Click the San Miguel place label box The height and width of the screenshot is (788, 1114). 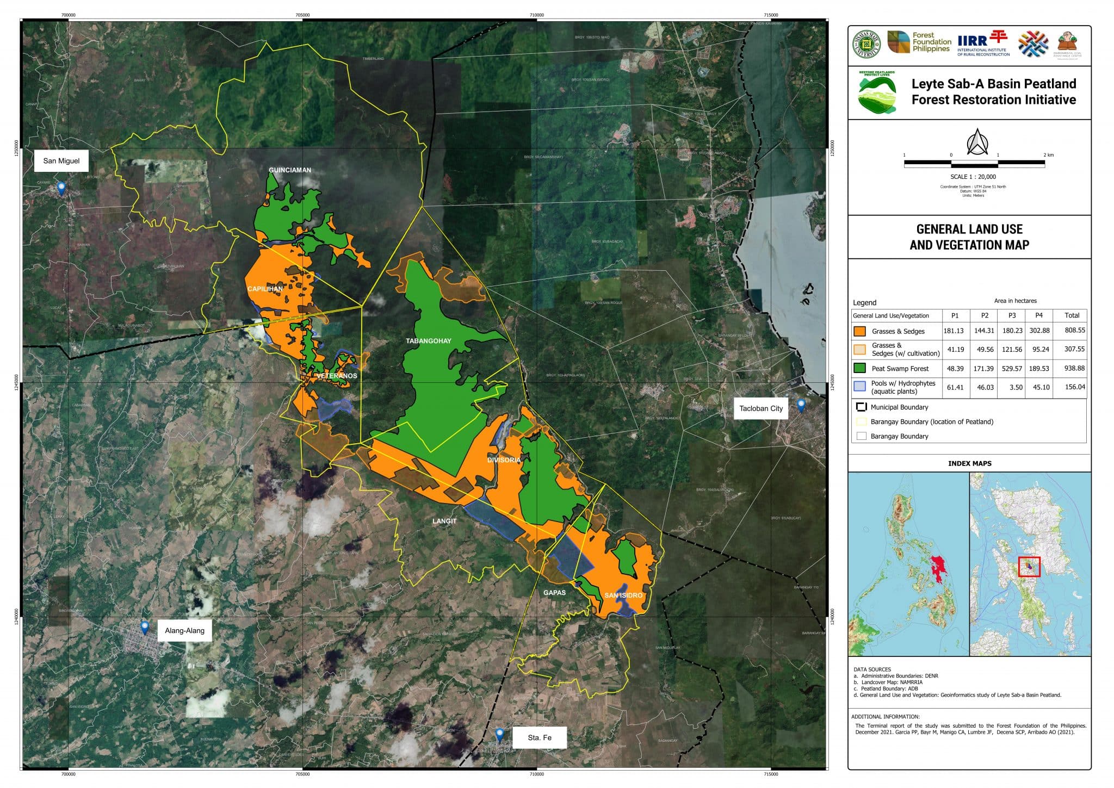(x=61, y=161)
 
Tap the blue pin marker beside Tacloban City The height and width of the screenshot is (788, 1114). (x=801, y=406)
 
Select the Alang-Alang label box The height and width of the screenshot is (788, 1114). (x=184, y=631)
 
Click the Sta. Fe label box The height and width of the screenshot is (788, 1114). (x=540, y=738)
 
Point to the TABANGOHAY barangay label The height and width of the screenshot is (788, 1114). (x=429, y=342)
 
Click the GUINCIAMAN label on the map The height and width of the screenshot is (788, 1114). (x=290, y=170)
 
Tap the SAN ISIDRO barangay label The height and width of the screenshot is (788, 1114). (x=623, y=595)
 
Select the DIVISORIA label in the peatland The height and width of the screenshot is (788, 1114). (x=504, y=460)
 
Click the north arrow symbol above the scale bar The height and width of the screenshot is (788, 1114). (x=977, y=142)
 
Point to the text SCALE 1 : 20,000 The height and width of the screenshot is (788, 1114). (x=973, y=177)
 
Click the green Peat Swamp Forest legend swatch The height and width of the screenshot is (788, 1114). (x=860, y=368)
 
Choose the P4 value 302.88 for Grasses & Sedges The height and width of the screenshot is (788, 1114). (x=1039, y=331)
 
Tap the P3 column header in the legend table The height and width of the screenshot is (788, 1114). (x=1012, y=315)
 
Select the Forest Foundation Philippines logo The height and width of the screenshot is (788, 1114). (x=919, y=42)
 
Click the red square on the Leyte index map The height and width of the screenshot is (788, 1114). (x=1029, y=567)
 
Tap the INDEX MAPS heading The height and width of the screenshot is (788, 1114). (x=969, y=463)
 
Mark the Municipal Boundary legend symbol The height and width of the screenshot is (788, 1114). (x=861, y=407)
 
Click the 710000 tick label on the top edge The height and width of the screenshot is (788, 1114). (x=536, y=15)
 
